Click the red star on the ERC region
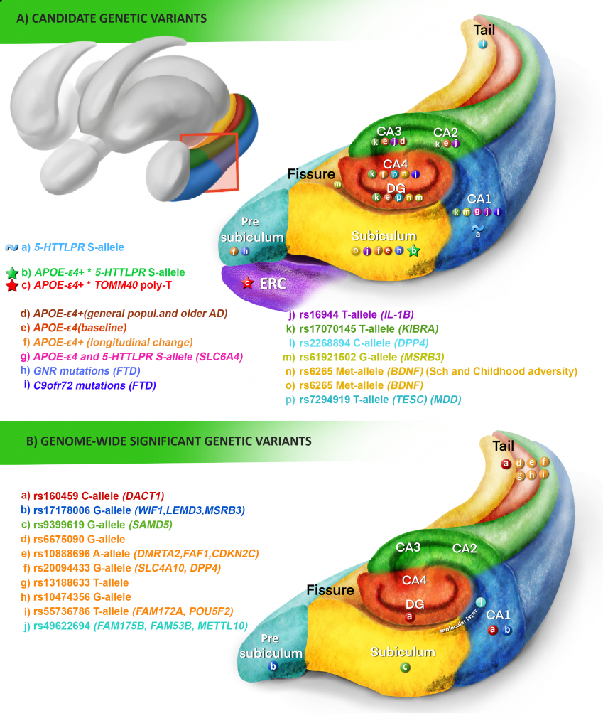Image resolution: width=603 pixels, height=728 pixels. tap(247, 283)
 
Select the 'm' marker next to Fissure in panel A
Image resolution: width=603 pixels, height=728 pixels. tap(337, 184)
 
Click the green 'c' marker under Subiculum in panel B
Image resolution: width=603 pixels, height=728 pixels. tap(405, 667)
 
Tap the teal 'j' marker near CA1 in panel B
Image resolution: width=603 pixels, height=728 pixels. tap(481, 603)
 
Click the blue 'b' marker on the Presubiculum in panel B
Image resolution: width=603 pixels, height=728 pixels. tap(273, 666)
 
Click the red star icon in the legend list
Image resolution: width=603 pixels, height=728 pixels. tap(11, 286)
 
